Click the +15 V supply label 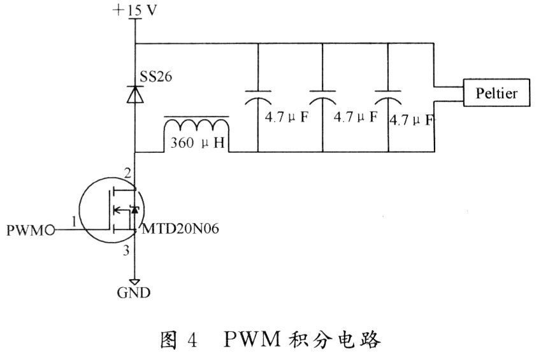pos(135,10)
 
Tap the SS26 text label pos(154,76)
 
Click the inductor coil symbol pos(197,126)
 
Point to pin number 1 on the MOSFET pos(75,221)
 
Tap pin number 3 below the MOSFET pos(126,251)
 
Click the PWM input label pos(28,228)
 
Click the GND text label pos(134,294)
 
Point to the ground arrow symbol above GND pos(134,280)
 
